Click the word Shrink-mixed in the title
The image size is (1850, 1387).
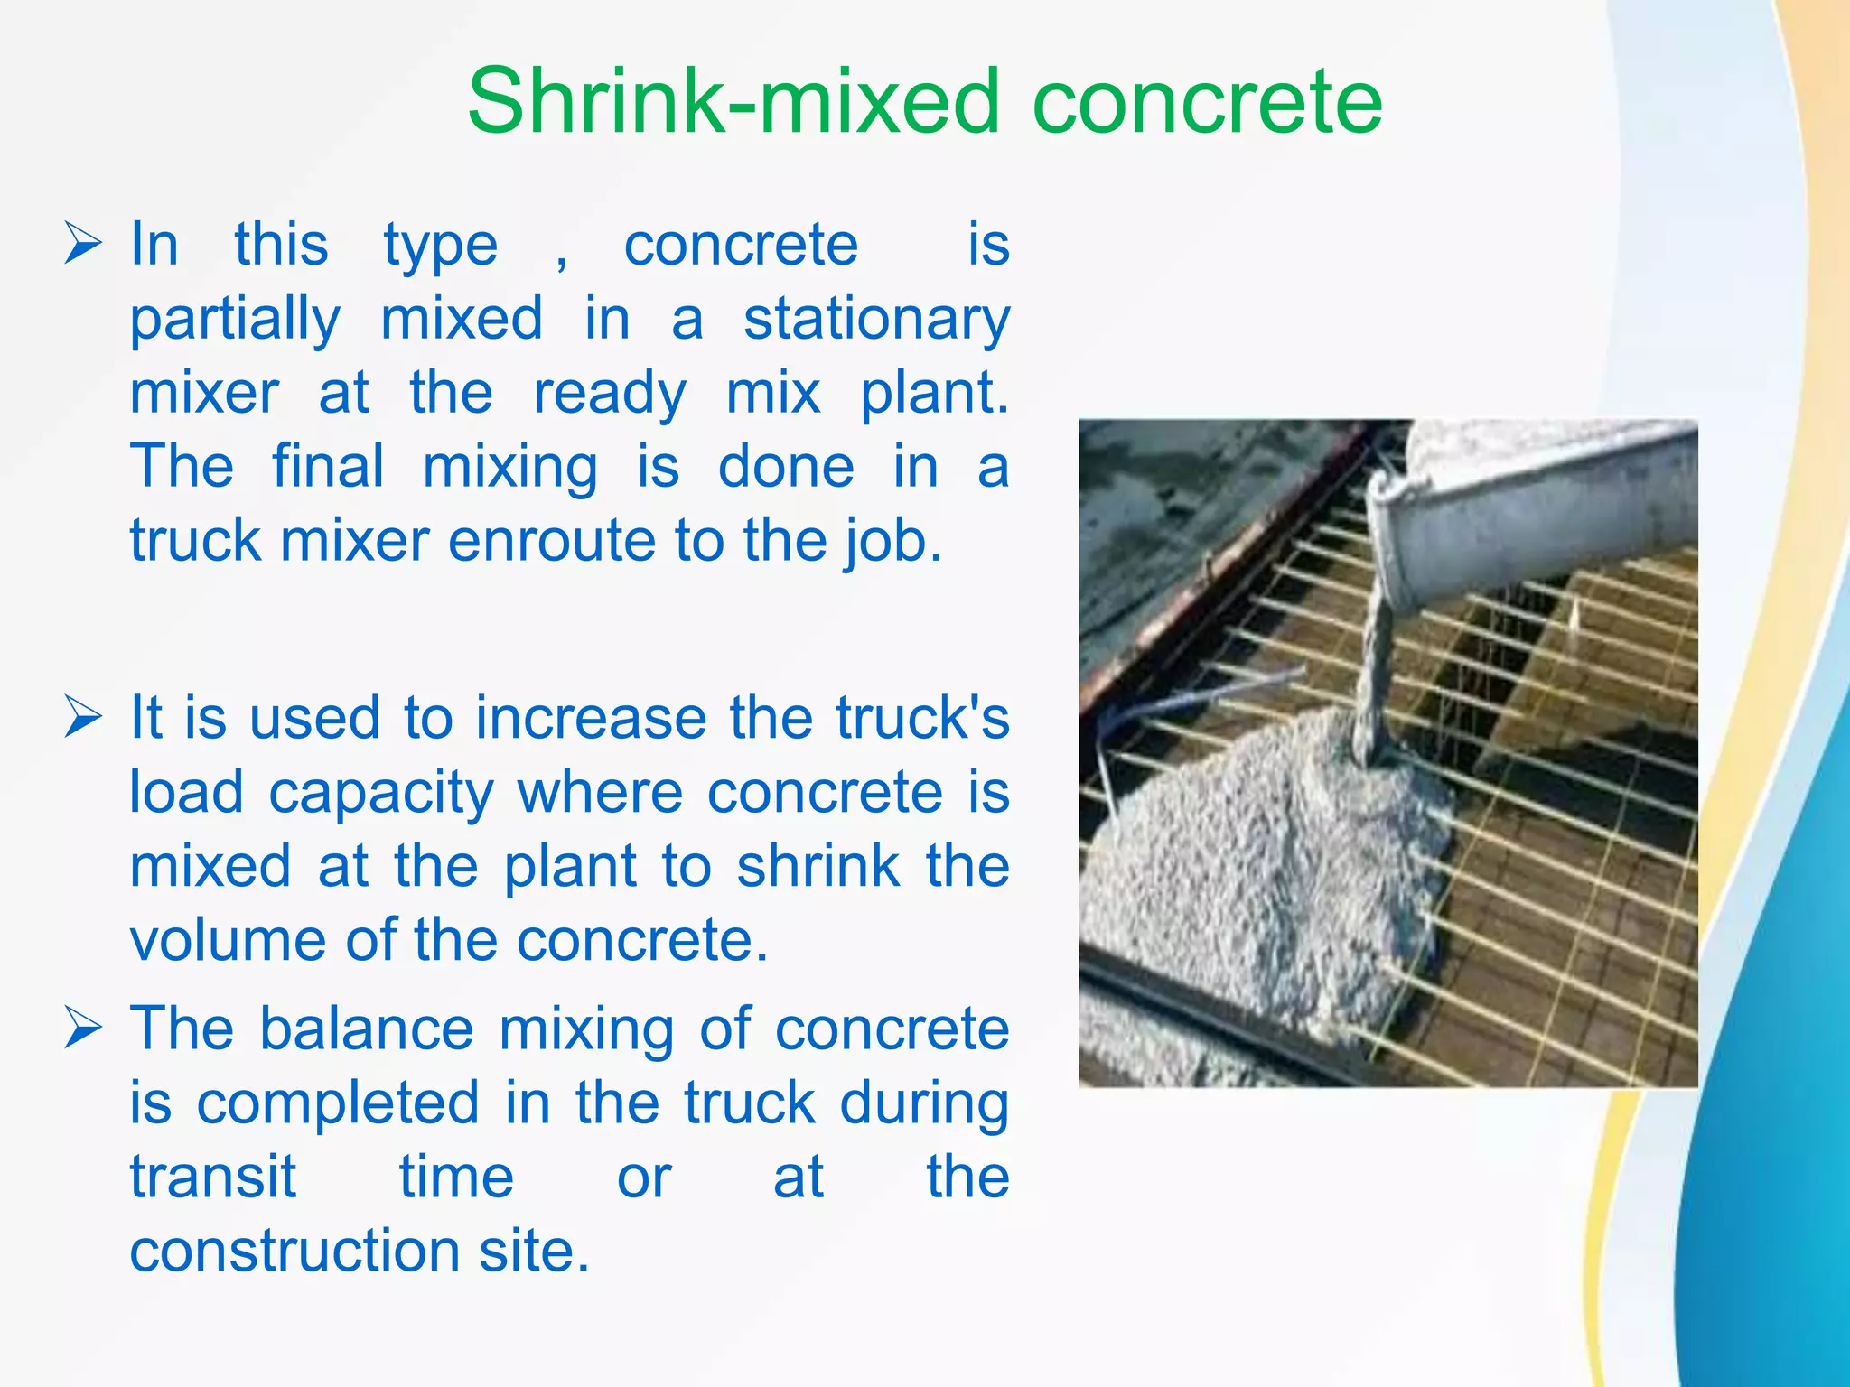tap(732, 101)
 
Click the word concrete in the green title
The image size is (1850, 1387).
tap(1207, 101)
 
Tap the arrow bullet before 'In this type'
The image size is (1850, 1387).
tap(82, 245)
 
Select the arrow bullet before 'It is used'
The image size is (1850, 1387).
tap(82, 719)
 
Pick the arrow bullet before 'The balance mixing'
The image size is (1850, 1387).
tap(82, 1029)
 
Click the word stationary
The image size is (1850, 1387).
tap(876, 320)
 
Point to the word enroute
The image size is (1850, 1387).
tap(551, 542)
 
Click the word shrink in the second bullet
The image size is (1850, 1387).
tap(818, 867)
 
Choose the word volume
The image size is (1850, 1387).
tap(226, 941)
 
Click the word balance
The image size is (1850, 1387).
tap(366, 1029)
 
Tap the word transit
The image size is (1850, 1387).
tap(212, 1178)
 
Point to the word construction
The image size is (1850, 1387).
tap(294, 1252)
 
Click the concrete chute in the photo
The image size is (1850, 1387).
tap(1527, 515)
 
